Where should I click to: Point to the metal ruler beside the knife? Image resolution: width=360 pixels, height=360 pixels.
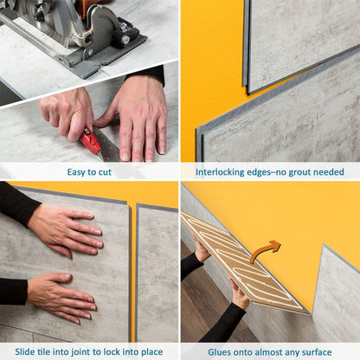(109, 148)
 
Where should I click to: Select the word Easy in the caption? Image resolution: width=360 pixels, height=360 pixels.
(77, 171)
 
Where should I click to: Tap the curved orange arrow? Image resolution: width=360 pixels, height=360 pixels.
(267, 252)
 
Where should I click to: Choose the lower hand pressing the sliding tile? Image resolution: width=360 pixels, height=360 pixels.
(61, 294)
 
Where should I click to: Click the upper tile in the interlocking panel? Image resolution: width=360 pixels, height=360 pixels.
(303, 39)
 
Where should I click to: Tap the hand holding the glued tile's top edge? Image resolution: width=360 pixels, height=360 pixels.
(201, 252)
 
